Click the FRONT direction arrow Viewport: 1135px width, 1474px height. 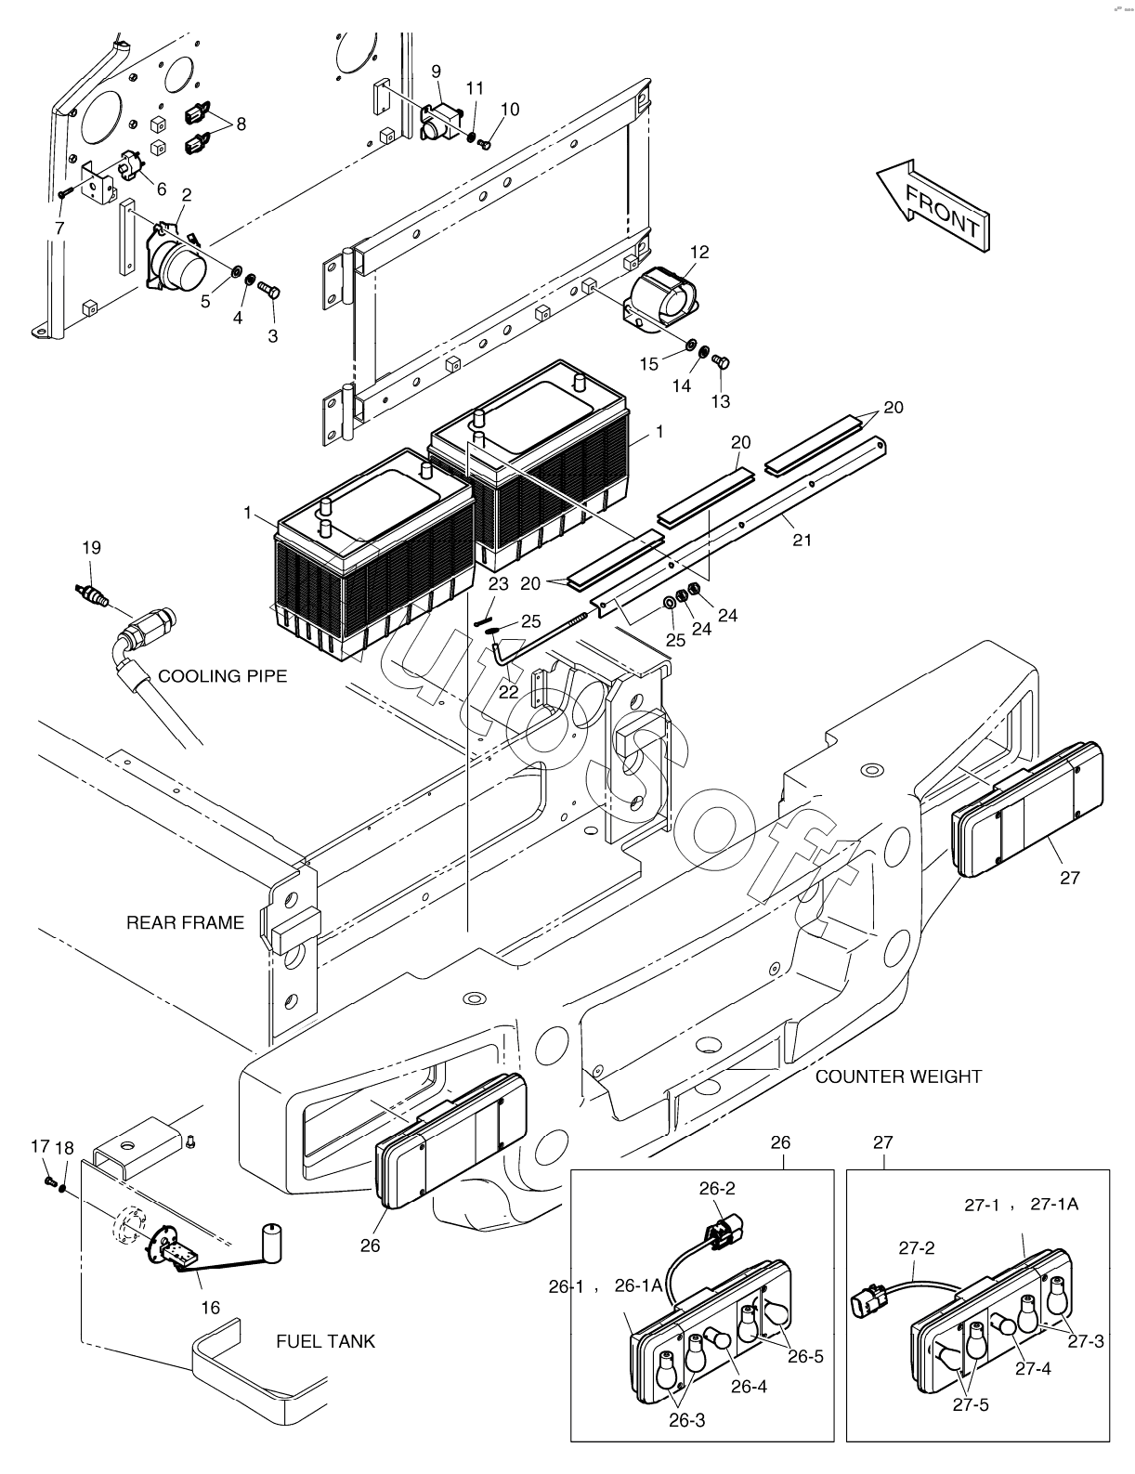click(933, 202)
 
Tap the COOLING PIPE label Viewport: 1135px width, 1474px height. click(222, 675)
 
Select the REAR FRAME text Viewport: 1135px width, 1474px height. click(185, 922)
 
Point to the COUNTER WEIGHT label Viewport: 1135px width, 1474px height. click(897, 1076)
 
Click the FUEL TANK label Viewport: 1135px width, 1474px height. click(325, 1341)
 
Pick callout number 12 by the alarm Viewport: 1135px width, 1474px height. click(698, 252)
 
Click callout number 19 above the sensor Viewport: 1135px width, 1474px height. click(91, 548)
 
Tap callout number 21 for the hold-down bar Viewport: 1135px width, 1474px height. click(802, 540)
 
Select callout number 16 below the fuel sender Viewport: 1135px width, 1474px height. click(211, 1307)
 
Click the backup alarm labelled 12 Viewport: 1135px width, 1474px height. click(660, 297)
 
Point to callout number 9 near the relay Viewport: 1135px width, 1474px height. click(437, 71)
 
